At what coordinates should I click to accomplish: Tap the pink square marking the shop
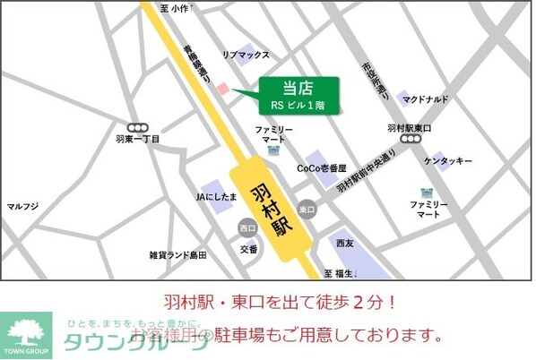pyautogui.click(x=223, y=87)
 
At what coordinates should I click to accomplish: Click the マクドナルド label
pyautogui.click(x=425, y=99)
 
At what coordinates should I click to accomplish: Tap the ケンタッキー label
pyautogui.click(x=448, y=161)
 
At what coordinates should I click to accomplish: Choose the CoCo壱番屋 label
pyautogui.click(x=323, y=168)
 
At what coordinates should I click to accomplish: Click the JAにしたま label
pyautogui.click(x=216, y=195)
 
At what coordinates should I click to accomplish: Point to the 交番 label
pyautogui.click(x=247, y=248)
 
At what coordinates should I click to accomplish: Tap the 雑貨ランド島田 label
pyautogui.click(x=177, y=255)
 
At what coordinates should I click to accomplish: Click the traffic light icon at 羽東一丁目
pyautogui.click(x=137, y=127)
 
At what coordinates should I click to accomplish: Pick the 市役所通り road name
pyautogui.click(x=376, y=79)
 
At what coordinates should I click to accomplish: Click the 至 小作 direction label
pyautogui.click(x=176, y=8)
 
